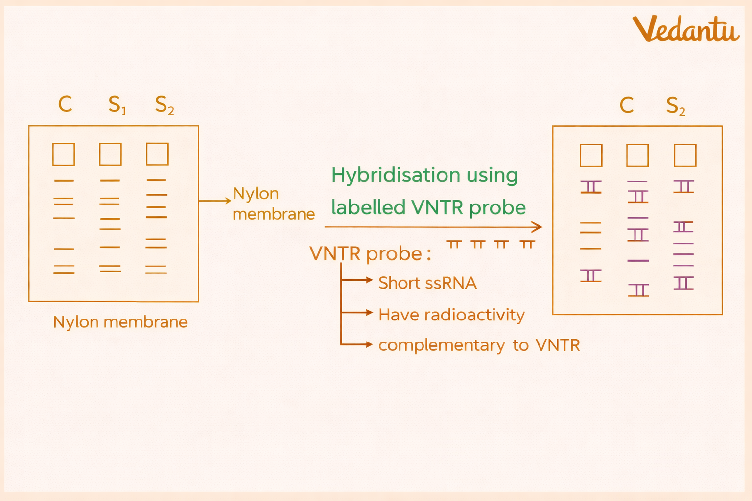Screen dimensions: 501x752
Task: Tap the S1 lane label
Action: click(x=117, y=105)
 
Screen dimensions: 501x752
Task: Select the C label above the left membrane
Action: click(x=65, y=104)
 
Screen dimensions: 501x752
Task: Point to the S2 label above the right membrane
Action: click(x=676, y=106)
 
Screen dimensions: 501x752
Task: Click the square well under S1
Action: click(x=110, y=154)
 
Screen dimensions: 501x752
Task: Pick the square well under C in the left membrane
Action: click(x=64, y=154)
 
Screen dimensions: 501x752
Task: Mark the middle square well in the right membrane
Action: click(x=637, y=156)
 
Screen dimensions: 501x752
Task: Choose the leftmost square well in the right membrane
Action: click(x=591, y=156)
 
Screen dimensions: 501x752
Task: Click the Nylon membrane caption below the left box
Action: click(x=120, y=322)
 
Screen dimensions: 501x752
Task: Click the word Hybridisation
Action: click(x=396, y=175)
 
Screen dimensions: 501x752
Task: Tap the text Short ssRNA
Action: click(x=427, y=283)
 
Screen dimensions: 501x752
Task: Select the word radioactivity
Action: click(x=474, y=315)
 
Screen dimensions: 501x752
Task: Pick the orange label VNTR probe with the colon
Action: click(x=370, y=254)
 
